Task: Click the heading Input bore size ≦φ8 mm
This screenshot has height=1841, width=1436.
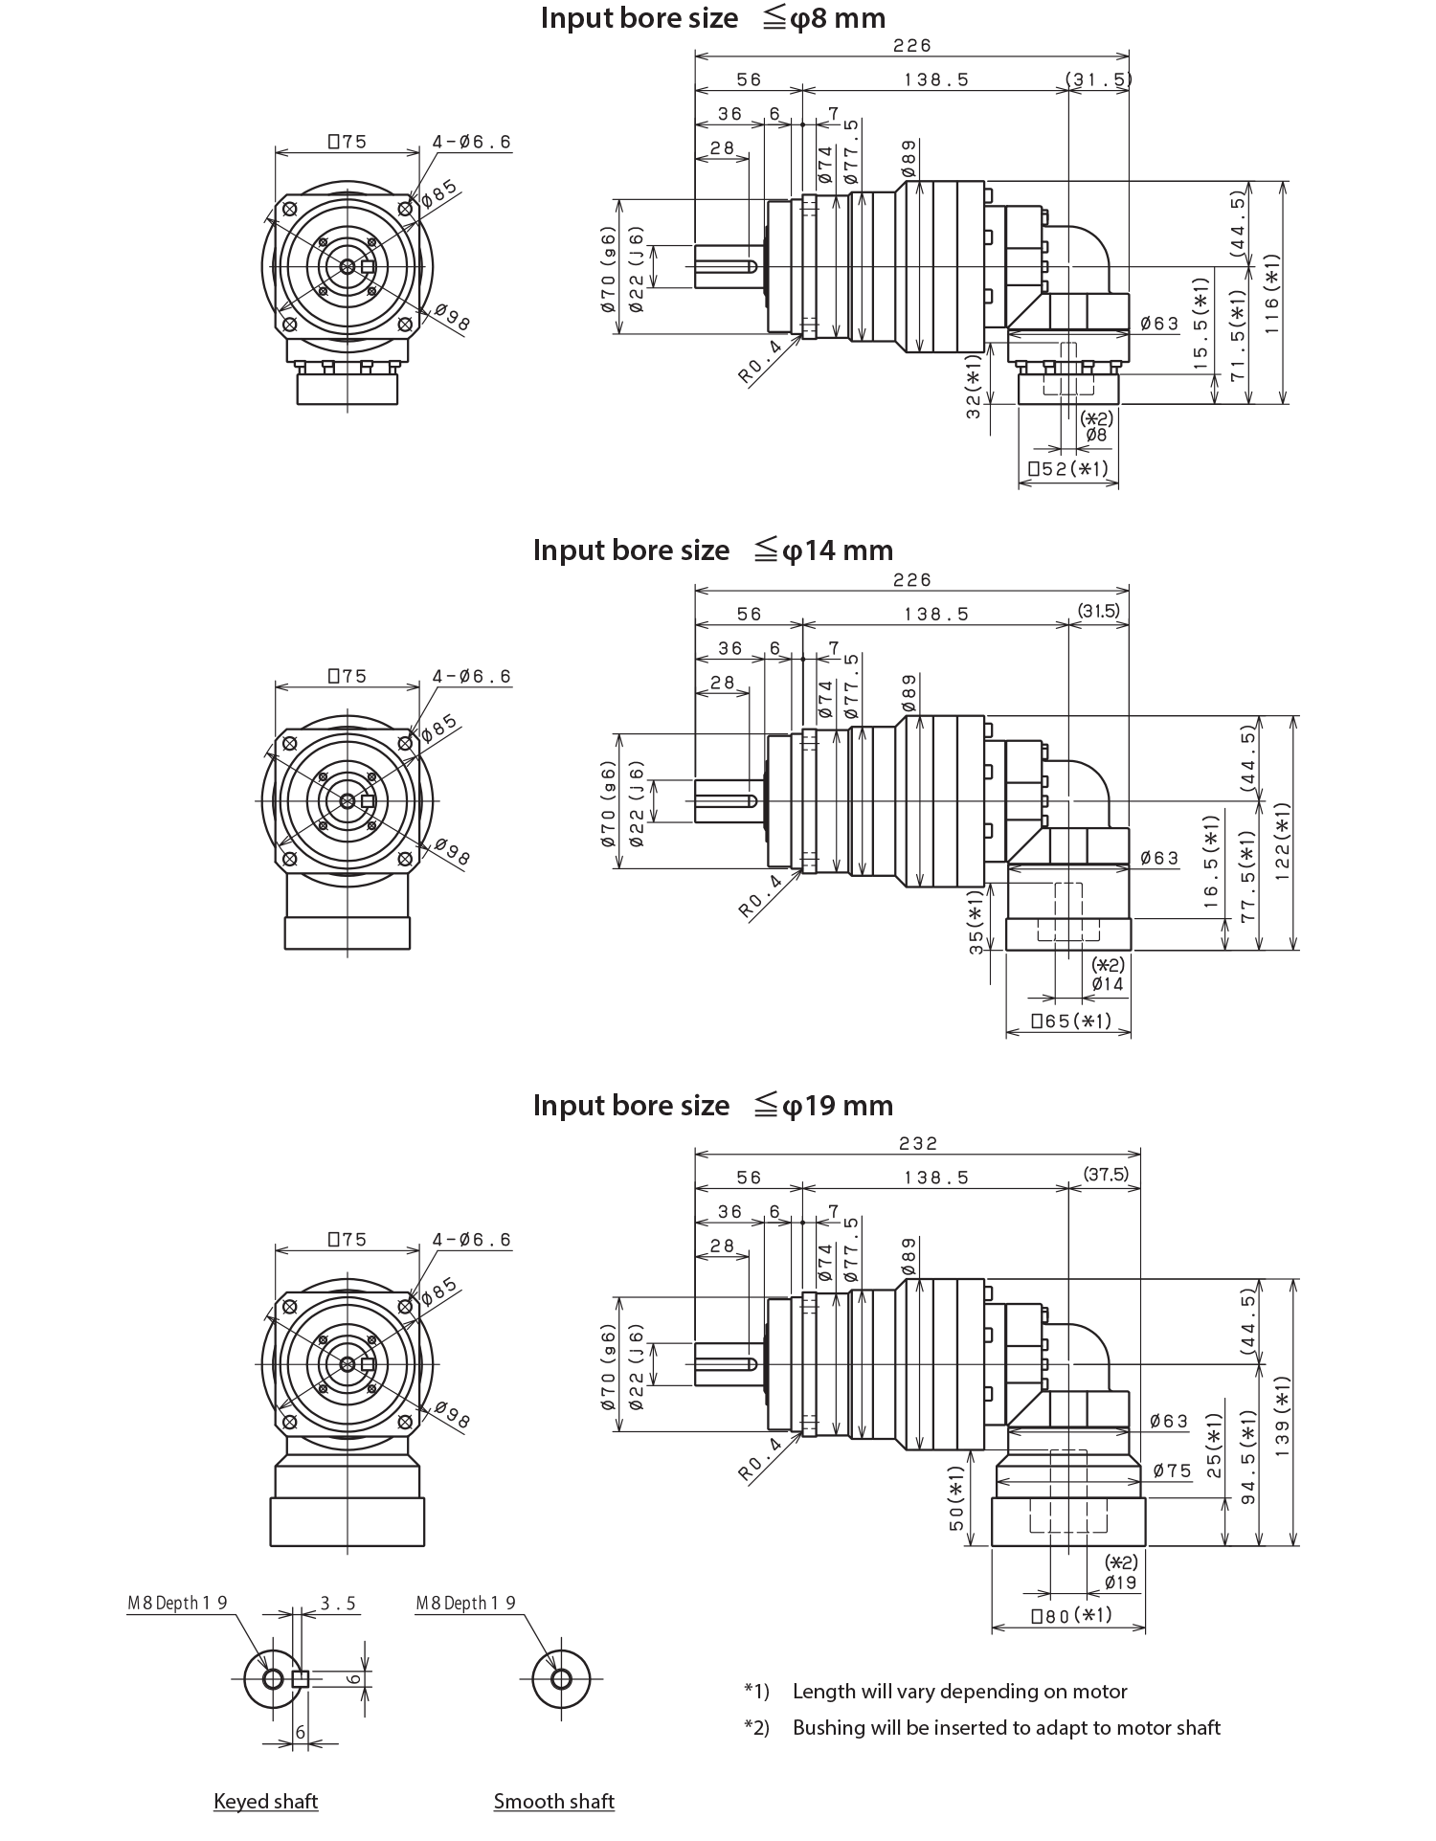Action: (x=712, y=18)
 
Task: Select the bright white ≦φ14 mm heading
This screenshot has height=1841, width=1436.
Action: (x=712, y=627)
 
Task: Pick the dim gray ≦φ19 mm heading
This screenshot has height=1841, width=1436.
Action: (x=712, y=1106)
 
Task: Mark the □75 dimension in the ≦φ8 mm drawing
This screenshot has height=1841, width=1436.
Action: (x=347, y=143)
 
